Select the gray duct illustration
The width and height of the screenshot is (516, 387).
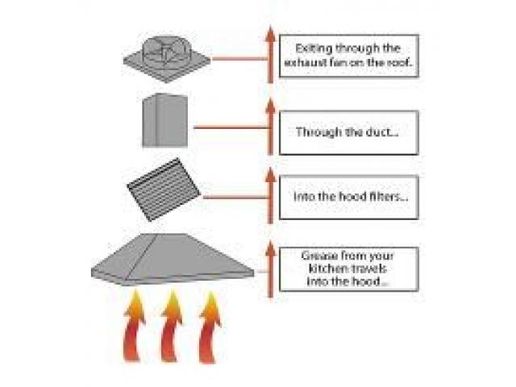click(x=164, y=120)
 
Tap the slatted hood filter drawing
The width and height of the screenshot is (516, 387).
click(x=164, y=189)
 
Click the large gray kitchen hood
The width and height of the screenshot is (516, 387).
click(x=173, y=260)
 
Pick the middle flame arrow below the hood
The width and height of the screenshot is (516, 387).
click(x=172, y=326)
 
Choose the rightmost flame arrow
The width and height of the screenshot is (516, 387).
click(x=210, y=327)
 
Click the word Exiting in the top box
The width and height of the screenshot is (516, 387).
click(x=309, y=48)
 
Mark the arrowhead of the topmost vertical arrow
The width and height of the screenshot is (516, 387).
click(x=270, y=34)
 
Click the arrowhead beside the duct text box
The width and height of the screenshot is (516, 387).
click(x=270, y=106)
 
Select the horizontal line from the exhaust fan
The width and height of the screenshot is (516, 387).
click(x=239, y=59)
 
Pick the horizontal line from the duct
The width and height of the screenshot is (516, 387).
click(x=231, y=127)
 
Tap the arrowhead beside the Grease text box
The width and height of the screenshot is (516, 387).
click(x=270, y=249)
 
